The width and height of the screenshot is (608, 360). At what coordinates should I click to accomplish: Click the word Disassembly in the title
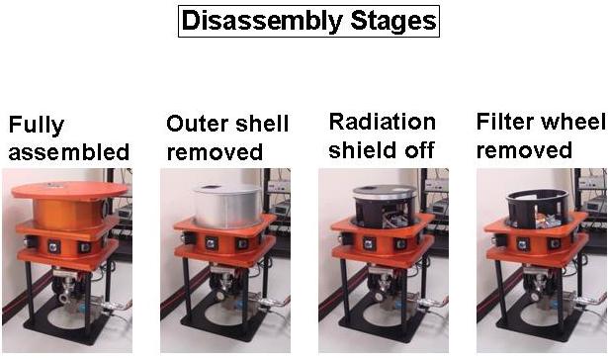point(262,21)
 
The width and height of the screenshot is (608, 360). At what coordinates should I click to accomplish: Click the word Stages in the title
point(393,22)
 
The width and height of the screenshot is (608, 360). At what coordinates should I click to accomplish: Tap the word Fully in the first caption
point(37,126)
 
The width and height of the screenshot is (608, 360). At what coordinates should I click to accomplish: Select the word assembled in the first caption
point(68,151)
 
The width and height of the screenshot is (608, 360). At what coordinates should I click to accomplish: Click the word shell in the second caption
point(262,124)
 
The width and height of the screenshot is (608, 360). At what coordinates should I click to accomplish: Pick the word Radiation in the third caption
point(383,122)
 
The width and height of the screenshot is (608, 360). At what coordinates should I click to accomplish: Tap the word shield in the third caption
point(363,149)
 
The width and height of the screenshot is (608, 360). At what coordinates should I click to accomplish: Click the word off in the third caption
point(419,149)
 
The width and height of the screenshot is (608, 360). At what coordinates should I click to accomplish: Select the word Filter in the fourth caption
point(505,122)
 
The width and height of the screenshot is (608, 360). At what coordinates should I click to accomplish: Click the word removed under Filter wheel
point(524,150)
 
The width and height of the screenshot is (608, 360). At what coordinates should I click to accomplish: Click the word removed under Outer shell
point(215,151)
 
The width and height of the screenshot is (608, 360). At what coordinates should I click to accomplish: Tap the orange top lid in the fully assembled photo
point(69,190)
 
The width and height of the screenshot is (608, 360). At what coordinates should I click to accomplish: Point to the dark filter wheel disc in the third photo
point(385,191)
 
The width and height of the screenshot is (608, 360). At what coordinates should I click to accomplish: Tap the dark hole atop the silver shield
point(211,187)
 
